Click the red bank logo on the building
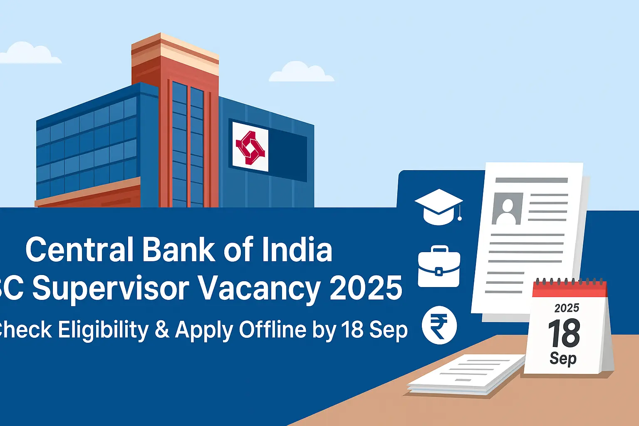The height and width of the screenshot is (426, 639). pos(250,147)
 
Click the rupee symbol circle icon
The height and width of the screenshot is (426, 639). pos(439,325)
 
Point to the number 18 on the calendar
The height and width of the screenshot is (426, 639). pos(564,333)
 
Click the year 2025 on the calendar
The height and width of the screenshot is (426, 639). pos(567,308)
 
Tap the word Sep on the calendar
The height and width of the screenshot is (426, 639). pos(563,358)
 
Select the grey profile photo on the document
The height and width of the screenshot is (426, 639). pos(507,208)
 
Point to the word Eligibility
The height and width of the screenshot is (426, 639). pos(103,330)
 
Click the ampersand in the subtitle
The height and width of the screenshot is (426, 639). pos(162,330)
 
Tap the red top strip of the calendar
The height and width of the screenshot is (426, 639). pos(570,290)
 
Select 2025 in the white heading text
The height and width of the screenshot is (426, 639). pos(366,288)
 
